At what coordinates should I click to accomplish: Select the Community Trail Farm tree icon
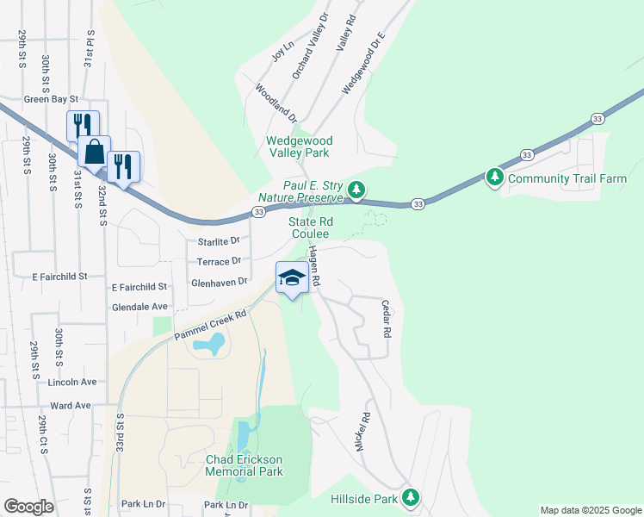494,178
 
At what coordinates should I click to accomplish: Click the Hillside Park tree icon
412,497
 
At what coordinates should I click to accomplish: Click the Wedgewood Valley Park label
300,146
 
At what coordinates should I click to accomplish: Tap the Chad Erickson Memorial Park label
245,465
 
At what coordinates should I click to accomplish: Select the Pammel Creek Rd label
211,325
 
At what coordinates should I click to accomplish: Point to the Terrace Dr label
219,261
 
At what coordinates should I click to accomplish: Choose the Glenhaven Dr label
219,282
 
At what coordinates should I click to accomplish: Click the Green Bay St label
51,99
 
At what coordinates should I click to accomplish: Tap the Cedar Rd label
386,317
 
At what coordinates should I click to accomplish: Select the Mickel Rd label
362,432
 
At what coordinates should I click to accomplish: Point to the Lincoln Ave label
73,382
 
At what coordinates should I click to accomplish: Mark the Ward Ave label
71,405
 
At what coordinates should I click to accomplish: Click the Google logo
28,507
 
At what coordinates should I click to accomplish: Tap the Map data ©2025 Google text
590,510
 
